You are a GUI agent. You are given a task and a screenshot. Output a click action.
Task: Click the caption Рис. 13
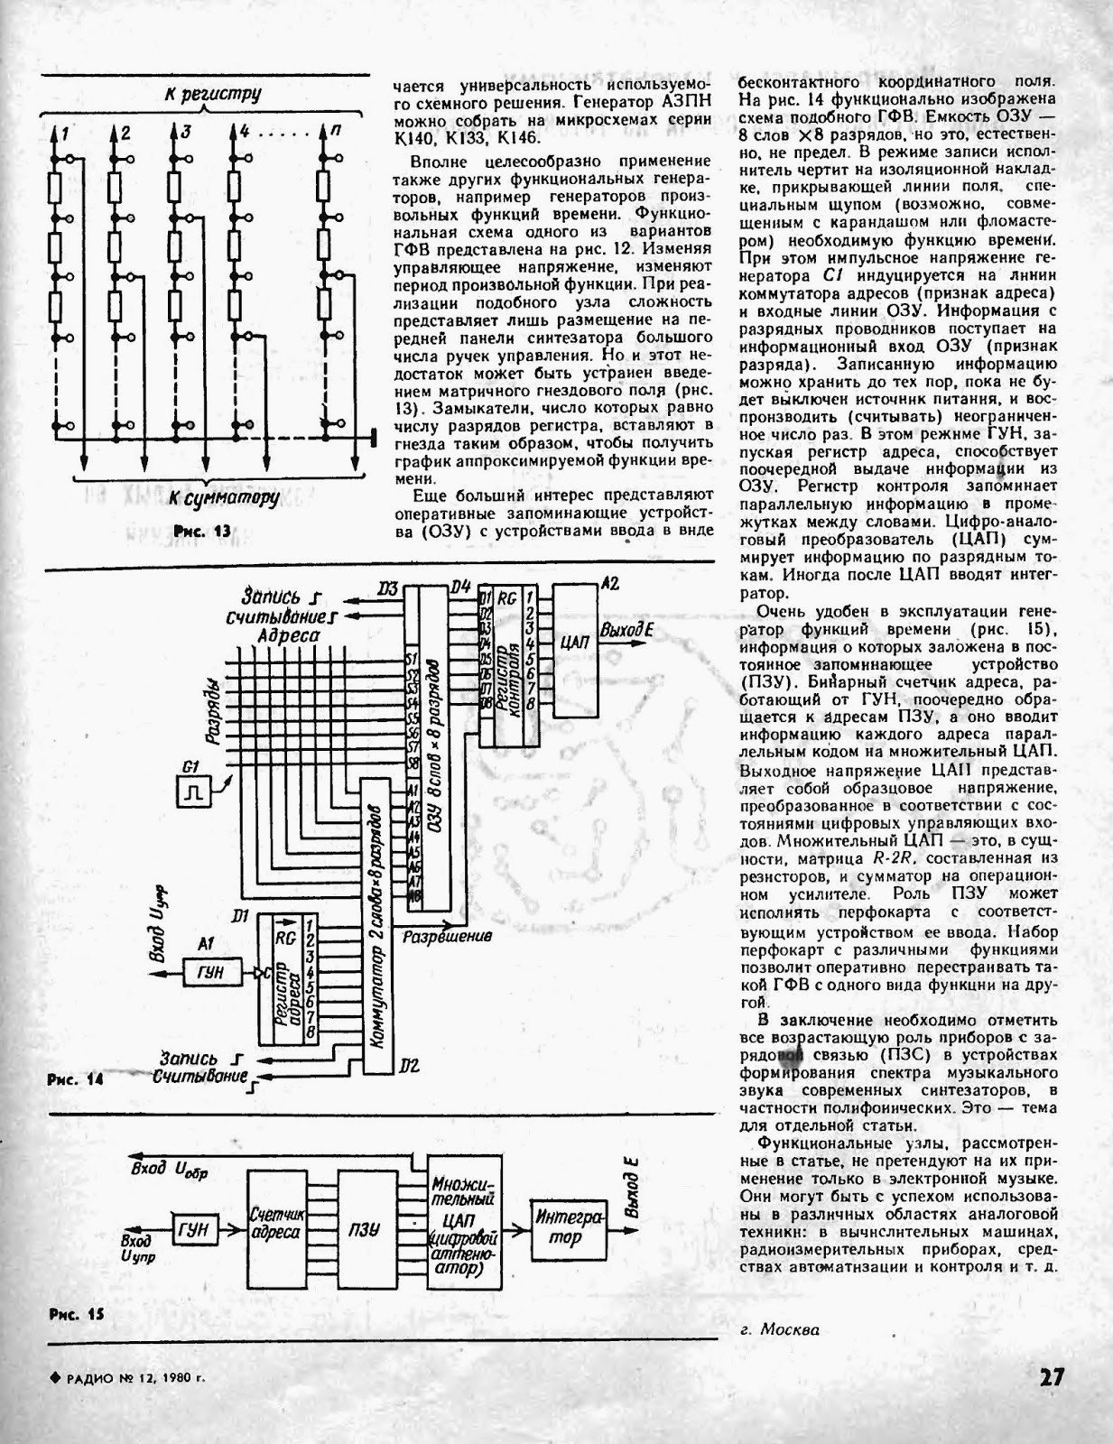tap(203, 532)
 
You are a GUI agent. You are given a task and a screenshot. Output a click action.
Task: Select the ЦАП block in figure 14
tap(574, 643)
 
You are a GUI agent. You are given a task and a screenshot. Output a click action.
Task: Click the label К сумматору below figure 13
tap(223, 499)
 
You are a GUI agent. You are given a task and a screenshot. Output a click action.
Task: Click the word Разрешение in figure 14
tap(448, 937)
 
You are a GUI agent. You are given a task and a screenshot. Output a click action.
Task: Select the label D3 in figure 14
tap(388, 589)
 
